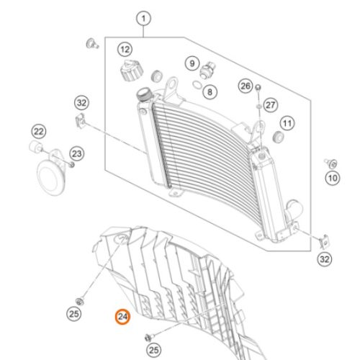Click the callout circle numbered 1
pos(143,19)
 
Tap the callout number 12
pos(125,50)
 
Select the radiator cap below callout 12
pos(131,71)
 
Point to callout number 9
pos(192,63)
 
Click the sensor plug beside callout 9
pos(207,70)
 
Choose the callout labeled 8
pos(210,92)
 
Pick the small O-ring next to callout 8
pos(197,84)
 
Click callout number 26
pos(246,86)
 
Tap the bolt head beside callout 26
pos(258,87)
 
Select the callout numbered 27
pos(271,105)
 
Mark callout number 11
pos(287,123)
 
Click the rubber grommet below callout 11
pos(279,137)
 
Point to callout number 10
pos(333,178)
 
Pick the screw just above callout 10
pos(331,163)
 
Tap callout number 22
pos(39,132)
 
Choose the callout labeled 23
pos(77,154)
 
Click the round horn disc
pos(51,177)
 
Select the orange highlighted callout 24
pos(122,317)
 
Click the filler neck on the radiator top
pos(144,94)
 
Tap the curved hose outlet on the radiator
pos(293,209)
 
